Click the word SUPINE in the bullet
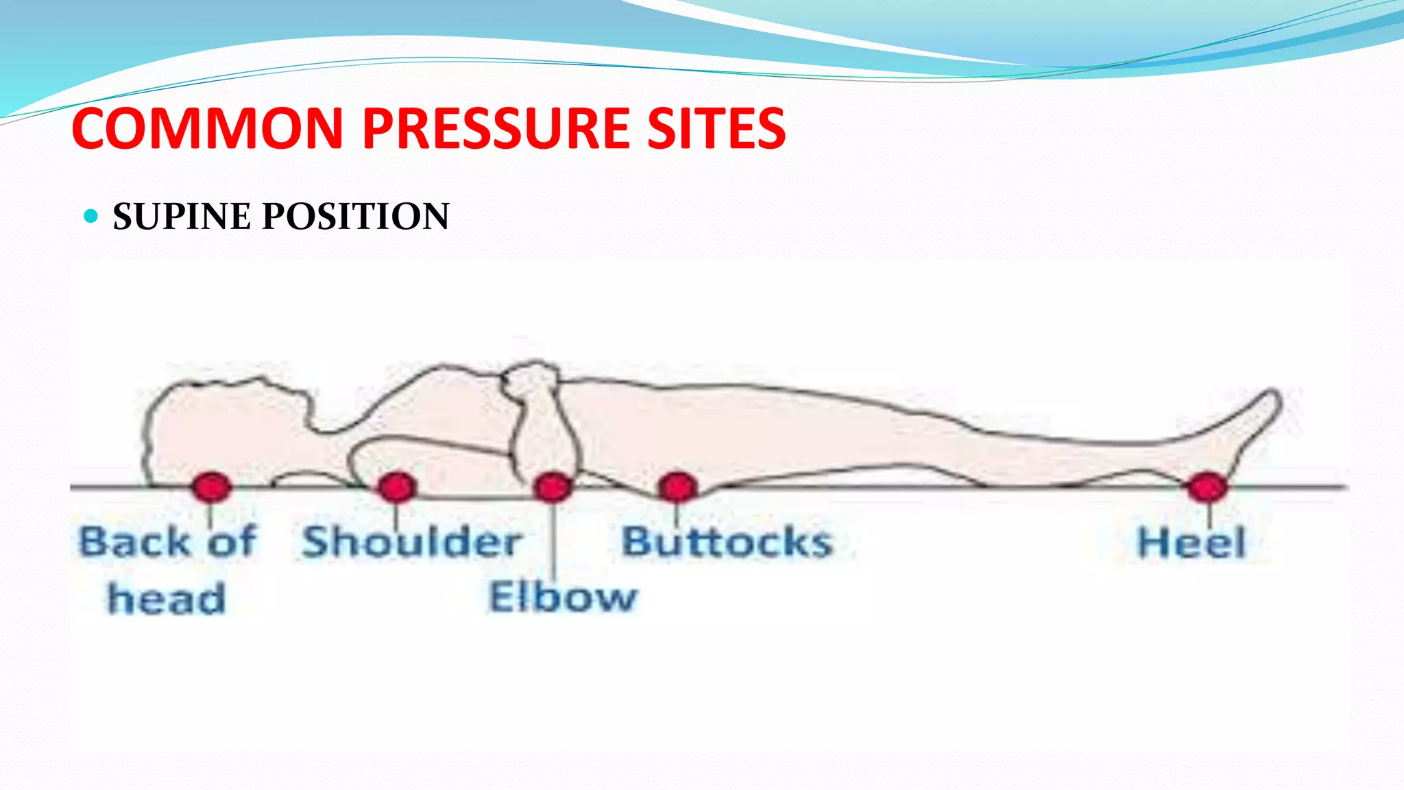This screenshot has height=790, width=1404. pos(182,217)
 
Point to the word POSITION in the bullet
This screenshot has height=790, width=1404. pos(356,217)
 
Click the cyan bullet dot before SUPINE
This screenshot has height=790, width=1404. pos(90,217)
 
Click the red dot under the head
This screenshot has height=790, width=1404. pos(211,487)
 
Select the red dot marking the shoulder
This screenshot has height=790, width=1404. pos(397,488)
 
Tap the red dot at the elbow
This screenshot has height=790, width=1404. pos(553,488)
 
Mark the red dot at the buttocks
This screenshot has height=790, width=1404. pos(677,488)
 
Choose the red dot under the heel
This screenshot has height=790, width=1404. pos(1207,488)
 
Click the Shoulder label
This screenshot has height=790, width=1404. pos(412,542)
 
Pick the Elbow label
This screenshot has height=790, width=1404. pos(562,597)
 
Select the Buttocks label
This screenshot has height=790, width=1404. pos(727,542)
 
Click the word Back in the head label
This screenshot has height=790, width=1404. pos(134,542)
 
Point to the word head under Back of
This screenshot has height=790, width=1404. pos(166,598)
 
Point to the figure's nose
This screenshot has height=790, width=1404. pos(261,380)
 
